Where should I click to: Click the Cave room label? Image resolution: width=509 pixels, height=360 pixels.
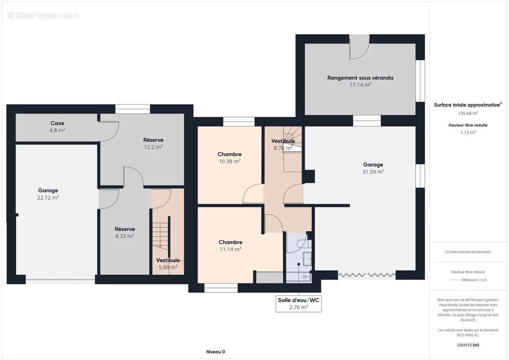coord(57,123)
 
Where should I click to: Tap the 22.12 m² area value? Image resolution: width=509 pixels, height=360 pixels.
coord(48,198)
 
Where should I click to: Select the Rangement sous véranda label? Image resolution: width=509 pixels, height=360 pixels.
coord(360,77)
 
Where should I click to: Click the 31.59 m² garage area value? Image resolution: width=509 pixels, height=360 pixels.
coord(373,171)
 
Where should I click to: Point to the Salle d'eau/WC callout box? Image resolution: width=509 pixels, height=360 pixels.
coord(299,303)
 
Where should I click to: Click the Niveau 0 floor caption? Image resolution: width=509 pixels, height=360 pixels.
coord(216,351)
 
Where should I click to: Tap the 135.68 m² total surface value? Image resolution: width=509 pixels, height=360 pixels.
coord(468,113)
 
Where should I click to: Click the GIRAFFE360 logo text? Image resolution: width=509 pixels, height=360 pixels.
coord(468,345)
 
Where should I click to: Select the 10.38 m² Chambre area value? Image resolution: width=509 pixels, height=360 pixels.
coord(230,161)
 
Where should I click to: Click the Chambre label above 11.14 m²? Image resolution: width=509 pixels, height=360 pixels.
coord(230,242)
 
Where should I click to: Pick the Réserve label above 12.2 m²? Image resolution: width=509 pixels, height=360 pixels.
coord(153,140)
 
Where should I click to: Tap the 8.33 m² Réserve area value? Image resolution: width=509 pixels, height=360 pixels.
coord(125,236)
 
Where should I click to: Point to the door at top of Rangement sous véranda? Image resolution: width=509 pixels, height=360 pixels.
coord(359,47)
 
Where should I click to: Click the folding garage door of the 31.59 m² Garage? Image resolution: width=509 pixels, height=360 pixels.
coord(367,275)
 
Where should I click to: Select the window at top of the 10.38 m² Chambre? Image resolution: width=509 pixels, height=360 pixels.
coord(239,122)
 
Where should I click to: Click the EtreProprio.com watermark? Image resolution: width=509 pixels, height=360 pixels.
coord(43,15)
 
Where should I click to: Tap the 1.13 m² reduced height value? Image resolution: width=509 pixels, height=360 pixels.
coord(468,132)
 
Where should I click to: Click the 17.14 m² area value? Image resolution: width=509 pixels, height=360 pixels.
coord(360,85)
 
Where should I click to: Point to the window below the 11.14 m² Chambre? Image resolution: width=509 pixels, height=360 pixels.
coord(221,288)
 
